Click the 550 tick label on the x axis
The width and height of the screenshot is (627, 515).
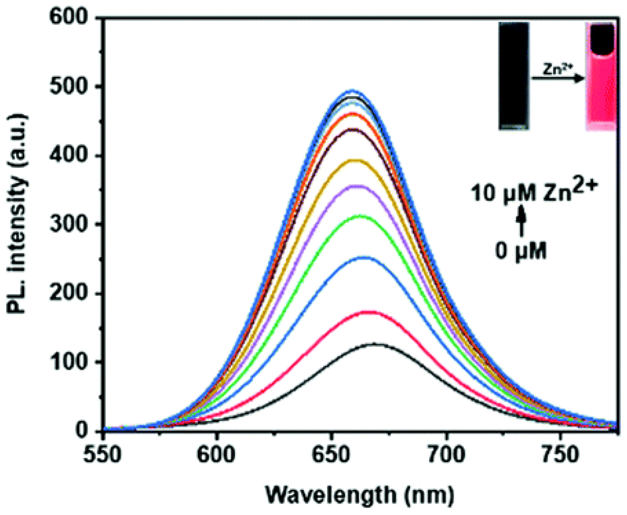103,455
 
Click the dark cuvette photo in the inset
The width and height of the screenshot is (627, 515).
514,76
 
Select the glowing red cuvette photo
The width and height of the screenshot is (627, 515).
601,77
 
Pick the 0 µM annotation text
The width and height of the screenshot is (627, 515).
520,251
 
